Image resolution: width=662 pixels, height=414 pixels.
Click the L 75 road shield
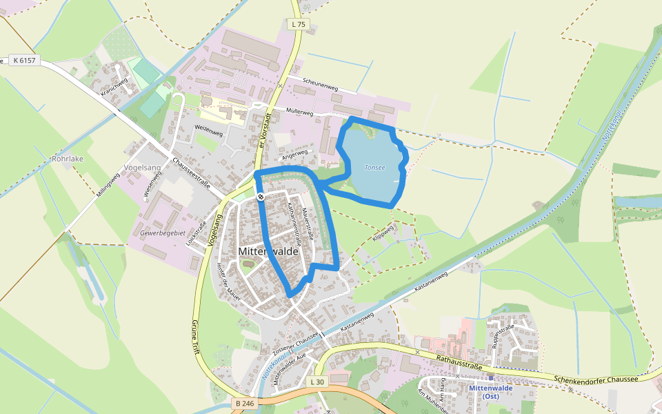[298, 25]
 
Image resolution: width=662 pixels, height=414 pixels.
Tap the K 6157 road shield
[24, 61]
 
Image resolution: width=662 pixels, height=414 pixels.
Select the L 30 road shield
[317, 382]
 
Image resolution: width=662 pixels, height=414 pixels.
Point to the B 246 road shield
[244, 402]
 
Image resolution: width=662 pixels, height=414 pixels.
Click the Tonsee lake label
[374, 167]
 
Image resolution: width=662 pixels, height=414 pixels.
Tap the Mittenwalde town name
[268, 252]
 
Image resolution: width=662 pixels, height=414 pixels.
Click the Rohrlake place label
[68, 159]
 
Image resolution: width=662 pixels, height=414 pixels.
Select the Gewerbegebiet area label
[163, 233]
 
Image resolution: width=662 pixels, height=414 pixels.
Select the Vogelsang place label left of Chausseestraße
[143, 168]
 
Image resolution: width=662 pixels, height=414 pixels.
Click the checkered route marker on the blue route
[261, 197]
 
